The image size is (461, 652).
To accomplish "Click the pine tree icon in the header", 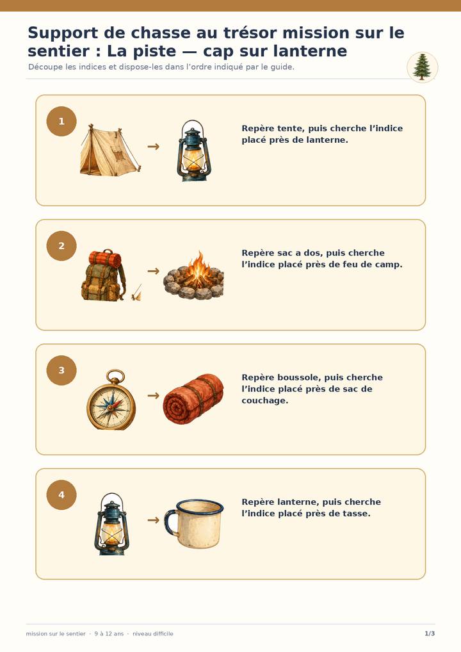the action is click(422, 67).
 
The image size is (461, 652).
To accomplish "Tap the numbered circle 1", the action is click(61, 122).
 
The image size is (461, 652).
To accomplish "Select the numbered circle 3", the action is click(61, 370).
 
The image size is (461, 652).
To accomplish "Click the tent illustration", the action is click(110, 150).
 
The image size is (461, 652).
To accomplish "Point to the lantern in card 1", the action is click(194, 151).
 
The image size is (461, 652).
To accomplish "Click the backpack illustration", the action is click(104, 275).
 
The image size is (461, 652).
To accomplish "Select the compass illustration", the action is click(111, 400).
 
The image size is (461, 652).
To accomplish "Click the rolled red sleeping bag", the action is click(193, 399).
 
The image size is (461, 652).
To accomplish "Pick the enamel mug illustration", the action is click(194, 523).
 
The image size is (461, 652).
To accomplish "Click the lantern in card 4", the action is click(111, 524).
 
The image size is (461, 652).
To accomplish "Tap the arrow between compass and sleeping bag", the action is click(154, 395).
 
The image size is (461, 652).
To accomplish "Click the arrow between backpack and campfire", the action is click(154, 271).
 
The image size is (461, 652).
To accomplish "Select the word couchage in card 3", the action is click(265, 400).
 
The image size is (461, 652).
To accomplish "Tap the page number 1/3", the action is click(430, 633).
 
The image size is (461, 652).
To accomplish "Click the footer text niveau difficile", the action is click(153, 633).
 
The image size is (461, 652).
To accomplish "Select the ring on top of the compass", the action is click(115, 376).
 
